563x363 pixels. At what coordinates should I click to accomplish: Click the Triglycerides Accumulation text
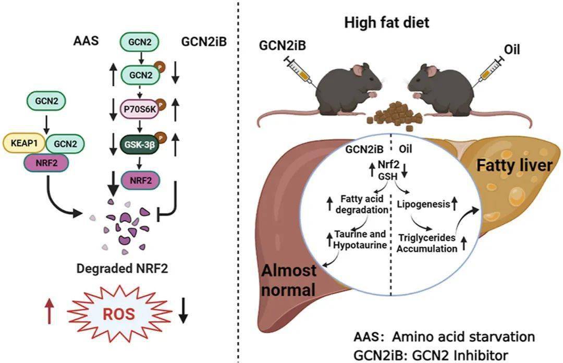(426, 243)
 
